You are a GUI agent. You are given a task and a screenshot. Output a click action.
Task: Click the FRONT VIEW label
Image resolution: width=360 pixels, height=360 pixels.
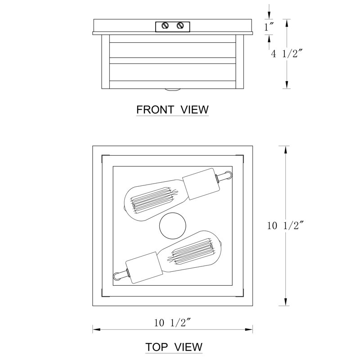tap(172, 110)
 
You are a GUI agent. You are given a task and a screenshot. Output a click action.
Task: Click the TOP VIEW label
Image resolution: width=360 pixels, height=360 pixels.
tap(174, 347)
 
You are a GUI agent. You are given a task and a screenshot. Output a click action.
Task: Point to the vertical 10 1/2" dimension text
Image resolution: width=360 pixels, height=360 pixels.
tap(285, 225)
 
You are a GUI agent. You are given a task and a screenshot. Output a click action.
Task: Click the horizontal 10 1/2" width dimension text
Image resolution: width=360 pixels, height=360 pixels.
tap(172, 323)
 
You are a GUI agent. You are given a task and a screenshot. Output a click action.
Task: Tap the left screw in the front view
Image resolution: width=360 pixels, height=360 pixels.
tap(165, 26)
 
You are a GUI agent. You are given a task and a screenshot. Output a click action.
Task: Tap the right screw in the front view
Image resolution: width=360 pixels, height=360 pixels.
tap(180, 25)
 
